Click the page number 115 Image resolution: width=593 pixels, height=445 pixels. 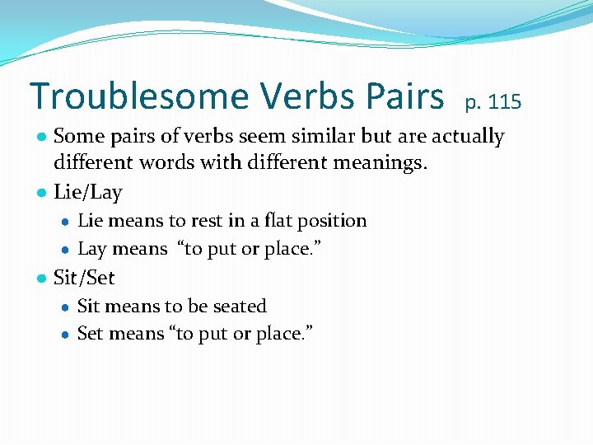[x=504, y=102]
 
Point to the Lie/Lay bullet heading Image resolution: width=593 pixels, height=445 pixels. [x=87, y=193]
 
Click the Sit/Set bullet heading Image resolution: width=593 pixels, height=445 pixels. [x=84, y=278]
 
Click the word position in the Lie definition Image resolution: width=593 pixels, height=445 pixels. [x=333, y=221]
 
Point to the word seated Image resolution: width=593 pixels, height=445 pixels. [x=240, y=307]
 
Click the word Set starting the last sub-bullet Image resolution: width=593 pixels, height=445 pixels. [x=90, y=334]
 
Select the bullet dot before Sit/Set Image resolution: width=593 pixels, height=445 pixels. [x=40, y=279]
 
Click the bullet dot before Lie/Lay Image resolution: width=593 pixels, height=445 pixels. [x=40, y=194]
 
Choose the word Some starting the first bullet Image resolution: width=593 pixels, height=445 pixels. [x=75, y=136]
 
